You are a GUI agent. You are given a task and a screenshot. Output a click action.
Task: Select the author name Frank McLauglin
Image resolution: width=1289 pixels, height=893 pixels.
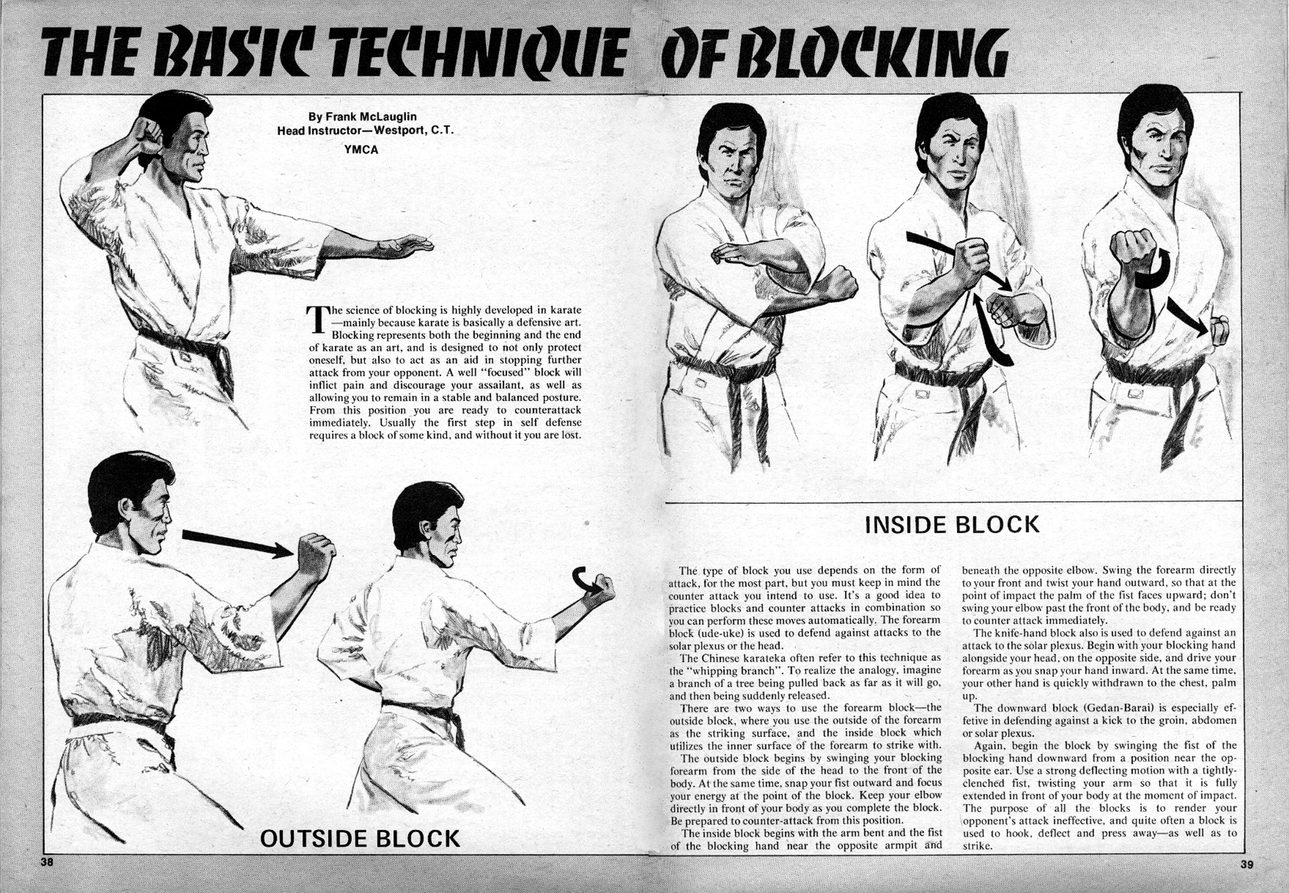click(x=371, y=117)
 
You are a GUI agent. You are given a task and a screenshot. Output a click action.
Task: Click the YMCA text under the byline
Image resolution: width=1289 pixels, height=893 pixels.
click(x=361, y=150)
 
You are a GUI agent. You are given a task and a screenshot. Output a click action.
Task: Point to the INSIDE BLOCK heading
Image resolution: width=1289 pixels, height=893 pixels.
click(x=952, y=525)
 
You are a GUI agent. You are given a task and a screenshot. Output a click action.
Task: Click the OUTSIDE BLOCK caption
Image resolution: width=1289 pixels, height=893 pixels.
click(x=360, y=839)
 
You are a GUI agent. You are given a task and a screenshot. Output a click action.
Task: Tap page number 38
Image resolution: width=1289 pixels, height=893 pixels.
click(x=46, y=863)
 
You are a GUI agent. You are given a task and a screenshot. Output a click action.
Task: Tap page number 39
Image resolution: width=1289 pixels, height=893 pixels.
click(x=1246, y=864)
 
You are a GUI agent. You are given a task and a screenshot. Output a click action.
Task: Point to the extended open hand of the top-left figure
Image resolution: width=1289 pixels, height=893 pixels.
click(x=406, y=246)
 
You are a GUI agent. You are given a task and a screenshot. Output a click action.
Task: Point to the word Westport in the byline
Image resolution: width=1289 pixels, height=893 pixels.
click(x=400, y=130)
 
